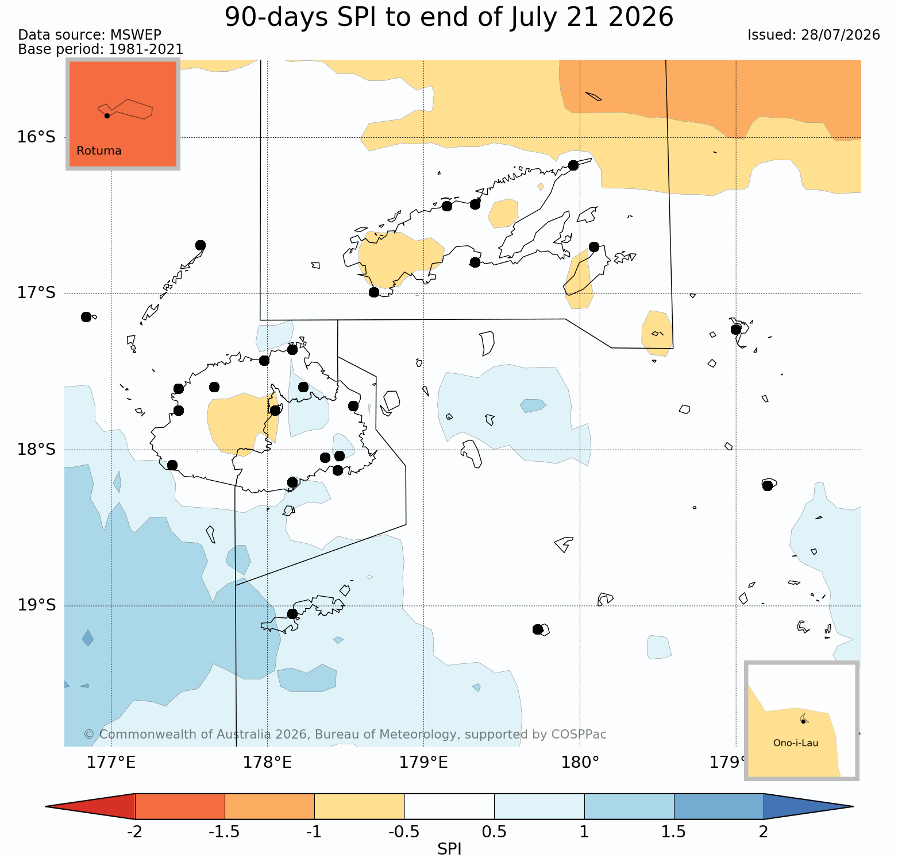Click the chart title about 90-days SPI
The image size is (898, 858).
(449, 17)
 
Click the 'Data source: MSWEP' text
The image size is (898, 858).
(90, 35)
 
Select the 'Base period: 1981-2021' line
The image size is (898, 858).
(101, 49)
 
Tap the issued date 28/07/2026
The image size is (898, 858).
(814, 35)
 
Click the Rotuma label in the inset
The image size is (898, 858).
(99, 151)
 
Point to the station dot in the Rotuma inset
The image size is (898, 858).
(107, 115)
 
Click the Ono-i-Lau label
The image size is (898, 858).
(796, 743)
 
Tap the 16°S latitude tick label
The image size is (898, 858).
(36, 137)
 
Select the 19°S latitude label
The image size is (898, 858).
(36, 605)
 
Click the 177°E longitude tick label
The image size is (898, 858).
(111, 763)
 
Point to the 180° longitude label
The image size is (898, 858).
(580, 763)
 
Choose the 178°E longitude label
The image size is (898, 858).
(267, 763)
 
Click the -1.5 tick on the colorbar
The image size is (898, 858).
(224, 832)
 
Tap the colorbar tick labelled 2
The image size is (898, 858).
(764, 832)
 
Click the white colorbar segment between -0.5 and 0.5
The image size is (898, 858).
(449, 806)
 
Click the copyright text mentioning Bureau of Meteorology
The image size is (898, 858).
(345, 735)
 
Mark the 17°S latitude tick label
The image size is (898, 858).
(36, 293)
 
